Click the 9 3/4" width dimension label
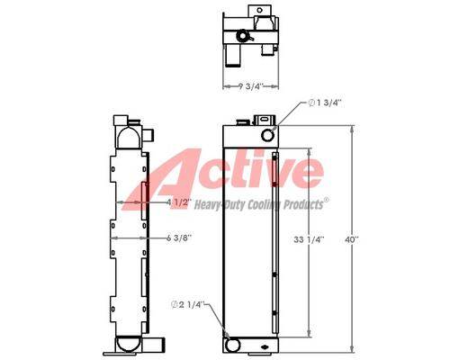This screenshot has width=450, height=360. [251, 86]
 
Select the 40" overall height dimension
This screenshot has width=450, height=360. [352, 239]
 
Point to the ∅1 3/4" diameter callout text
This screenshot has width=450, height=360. [326, 103]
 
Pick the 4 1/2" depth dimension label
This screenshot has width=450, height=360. [179, 202]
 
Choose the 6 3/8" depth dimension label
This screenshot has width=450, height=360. [179, 238]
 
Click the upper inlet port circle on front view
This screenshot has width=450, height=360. [267, 135]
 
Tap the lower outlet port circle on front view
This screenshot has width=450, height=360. [232, 345]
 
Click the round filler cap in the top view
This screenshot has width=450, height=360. [242, 36]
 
